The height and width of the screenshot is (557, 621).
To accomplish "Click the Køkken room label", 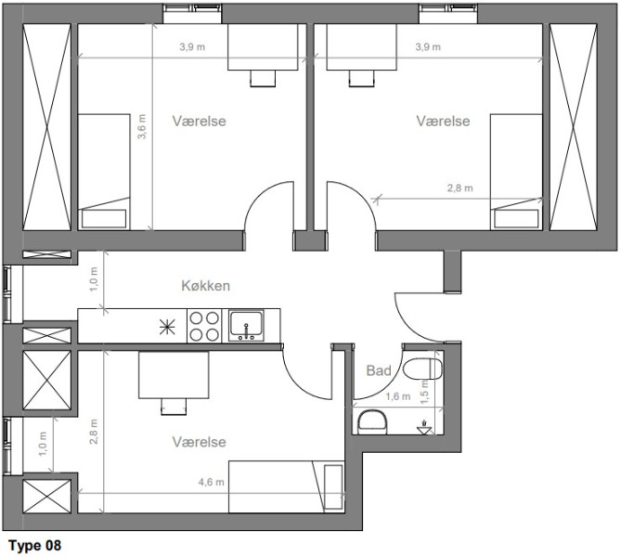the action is tap(205, 286).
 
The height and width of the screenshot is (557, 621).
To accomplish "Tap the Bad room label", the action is tap(379, 370).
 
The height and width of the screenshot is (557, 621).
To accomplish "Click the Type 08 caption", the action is tap(35, 546).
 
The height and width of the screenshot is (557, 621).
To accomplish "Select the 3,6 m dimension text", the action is tap(142, 127).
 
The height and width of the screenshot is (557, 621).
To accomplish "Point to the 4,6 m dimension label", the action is tap(211, 482).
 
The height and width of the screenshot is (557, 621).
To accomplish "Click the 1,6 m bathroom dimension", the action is tap(398, 396).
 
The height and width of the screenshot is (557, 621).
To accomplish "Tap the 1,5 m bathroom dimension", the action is tap(424, 392).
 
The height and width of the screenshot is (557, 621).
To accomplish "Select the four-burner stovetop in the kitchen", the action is tap(204, 326).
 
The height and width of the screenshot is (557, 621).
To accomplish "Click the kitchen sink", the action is tap(246, 326).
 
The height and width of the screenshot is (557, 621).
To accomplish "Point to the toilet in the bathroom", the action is tap(422, 369).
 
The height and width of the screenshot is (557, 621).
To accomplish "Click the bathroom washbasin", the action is tap(372, 422).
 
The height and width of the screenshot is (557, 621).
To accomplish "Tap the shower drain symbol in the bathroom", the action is tap(424, 427).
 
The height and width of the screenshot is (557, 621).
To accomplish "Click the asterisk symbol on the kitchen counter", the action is tap(167, 327).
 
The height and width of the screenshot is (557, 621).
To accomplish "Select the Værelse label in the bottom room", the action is tap(200, 442).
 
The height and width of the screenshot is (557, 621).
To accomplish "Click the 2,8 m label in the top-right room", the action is tap(459, 188).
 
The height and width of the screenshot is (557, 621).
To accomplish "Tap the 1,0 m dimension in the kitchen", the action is tap(94, 279).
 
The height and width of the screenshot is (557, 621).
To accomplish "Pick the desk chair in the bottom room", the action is tap(174, 407).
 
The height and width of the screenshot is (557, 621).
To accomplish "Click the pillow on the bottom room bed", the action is tap(333, 486).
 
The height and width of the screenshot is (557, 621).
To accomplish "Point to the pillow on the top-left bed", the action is tap(104, 219).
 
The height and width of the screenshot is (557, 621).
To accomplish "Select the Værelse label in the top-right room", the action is tap(443, 121).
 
